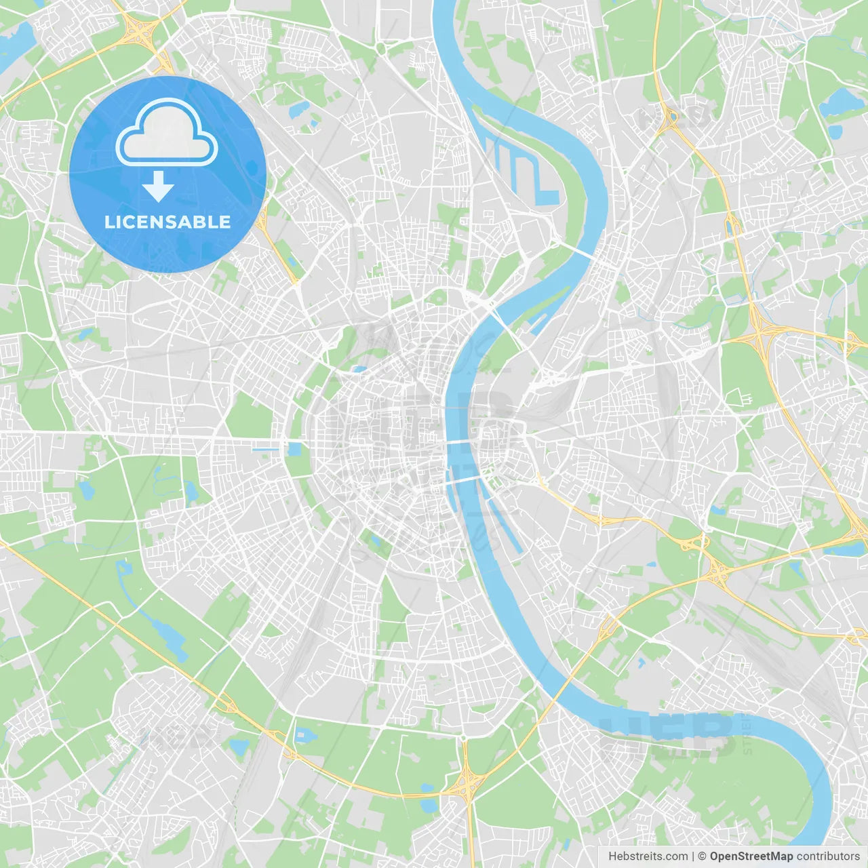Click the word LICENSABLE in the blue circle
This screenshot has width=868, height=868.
(167, 222)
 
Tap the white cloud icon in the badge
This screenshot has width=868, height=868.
(167, 134)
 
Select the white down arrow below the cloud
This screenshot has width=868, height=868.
(158, 186)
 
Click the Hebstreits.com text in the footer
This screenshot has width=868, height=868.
(648, 856)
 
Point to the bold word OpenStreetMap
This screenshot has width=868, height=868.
(751, 856)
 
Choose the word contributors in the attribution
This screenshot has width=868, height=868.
(828, 856)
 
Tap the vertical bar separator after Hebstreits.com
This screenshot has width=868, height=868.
(693, 856)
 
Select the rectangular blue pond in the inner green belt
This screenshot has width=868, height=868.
(294, 449)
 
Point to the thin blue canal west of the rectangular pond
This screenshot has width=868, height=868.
(265, 450)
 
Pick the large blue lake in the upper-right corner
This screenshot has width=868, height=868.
(841, 102)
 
